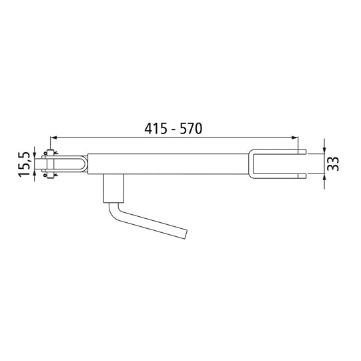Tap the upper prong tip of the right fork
tap(304, 153)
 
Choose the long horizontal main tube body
tap(170, 164)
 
